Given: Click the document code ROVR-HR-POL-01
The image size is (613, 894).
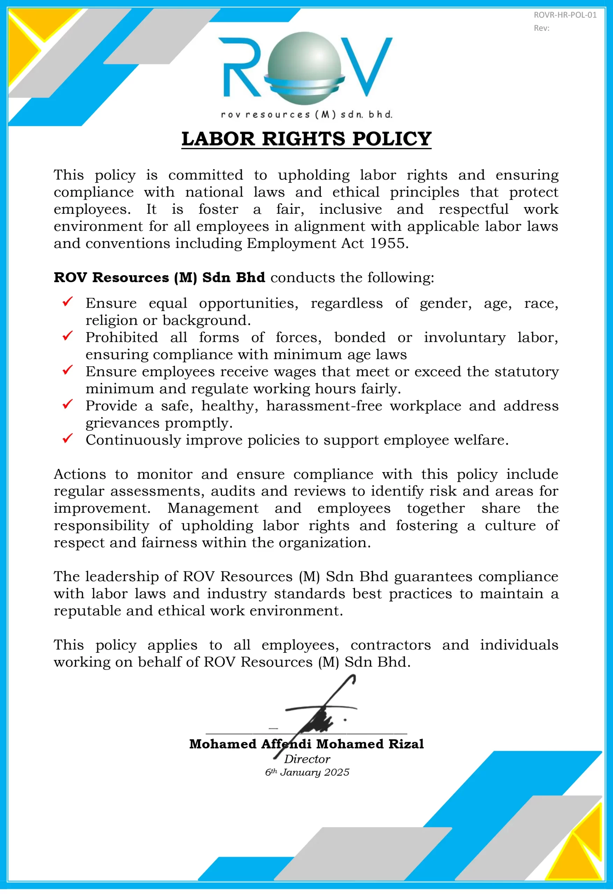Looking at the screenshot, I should [x=564, y=15].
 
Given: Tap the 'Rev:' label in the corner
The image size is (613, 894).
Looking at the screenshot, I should [x=541, y=28].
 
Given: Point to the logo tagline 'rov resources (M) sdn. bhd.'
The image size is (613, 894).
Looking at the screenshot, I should [x=306, y=115].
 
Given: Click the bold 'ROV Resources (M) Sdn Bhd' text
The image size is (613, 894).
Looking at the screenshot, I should [x=159, y=277].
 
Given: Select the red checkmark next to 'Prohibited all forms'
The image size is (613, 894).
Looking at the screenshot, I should [x=68, y=336].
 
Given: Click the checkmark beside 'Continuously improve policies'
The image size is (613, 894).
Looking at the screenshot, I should [x=68, y=438].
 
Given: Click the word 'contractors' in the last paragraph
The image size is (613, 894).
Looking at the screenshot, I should [x=390, y=645].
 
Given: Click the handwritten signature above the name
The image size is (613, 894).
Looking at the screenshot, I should [x=321, y=710].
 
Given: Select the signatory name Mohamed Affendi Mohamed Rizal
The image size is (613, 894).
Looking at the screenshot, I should [x=306, y=744].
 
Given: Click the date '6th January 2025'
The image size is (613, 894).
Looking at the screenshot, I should [x=307, y=772].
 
